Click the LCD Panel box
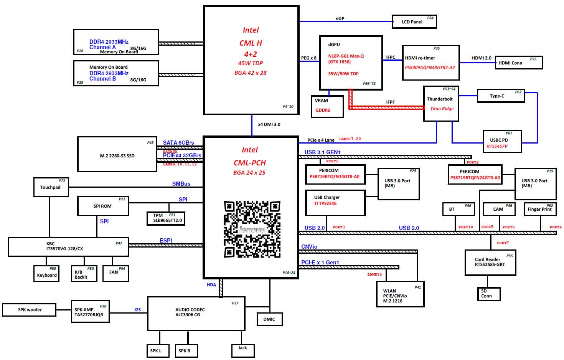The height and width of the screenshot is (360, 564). click(x=414, y=22)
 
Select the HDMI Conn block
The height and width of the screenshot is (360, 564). click(x=519, y=63)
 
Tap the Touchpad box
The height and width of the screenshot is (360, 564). click(x=51, y=187)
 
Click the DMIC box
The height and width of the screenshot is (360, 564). click(x=269, y=319)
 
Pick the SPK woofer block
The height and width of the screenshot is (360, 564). click(x=29, y=310)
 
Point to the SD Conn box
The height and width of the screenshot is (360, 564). click(x=488, y=294)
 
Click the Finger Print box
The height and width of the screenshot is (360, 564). click(x=540, y=209)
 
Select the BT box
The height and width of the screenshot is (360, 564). click(x=458, y=209)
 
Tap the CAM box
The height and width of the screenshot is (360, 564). click(x=499, y=209)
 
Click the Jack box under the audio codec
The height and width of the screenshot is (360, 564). click(x=242, y=350)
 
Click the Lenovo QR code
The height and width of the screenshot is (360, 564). click(x=252, y=229)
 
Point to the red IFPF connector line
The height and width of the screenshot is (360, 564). click(x=388, y=107)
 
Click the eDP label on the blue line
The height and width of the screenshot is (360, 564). click(x=340, y=18)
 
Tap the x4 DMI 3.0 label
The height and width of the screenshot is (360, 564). click(x=269, y=124)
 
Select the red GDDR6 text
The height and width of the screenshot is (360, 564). click(x=323, y=110)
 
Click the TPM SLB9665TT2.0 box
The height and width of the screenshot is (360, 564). click(x=167, y=218)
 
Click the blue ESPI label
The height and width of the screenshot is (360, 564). click(x=166, y=241)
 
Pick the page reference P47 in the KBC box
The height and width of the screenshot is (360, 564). click(x=119, y=243)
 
